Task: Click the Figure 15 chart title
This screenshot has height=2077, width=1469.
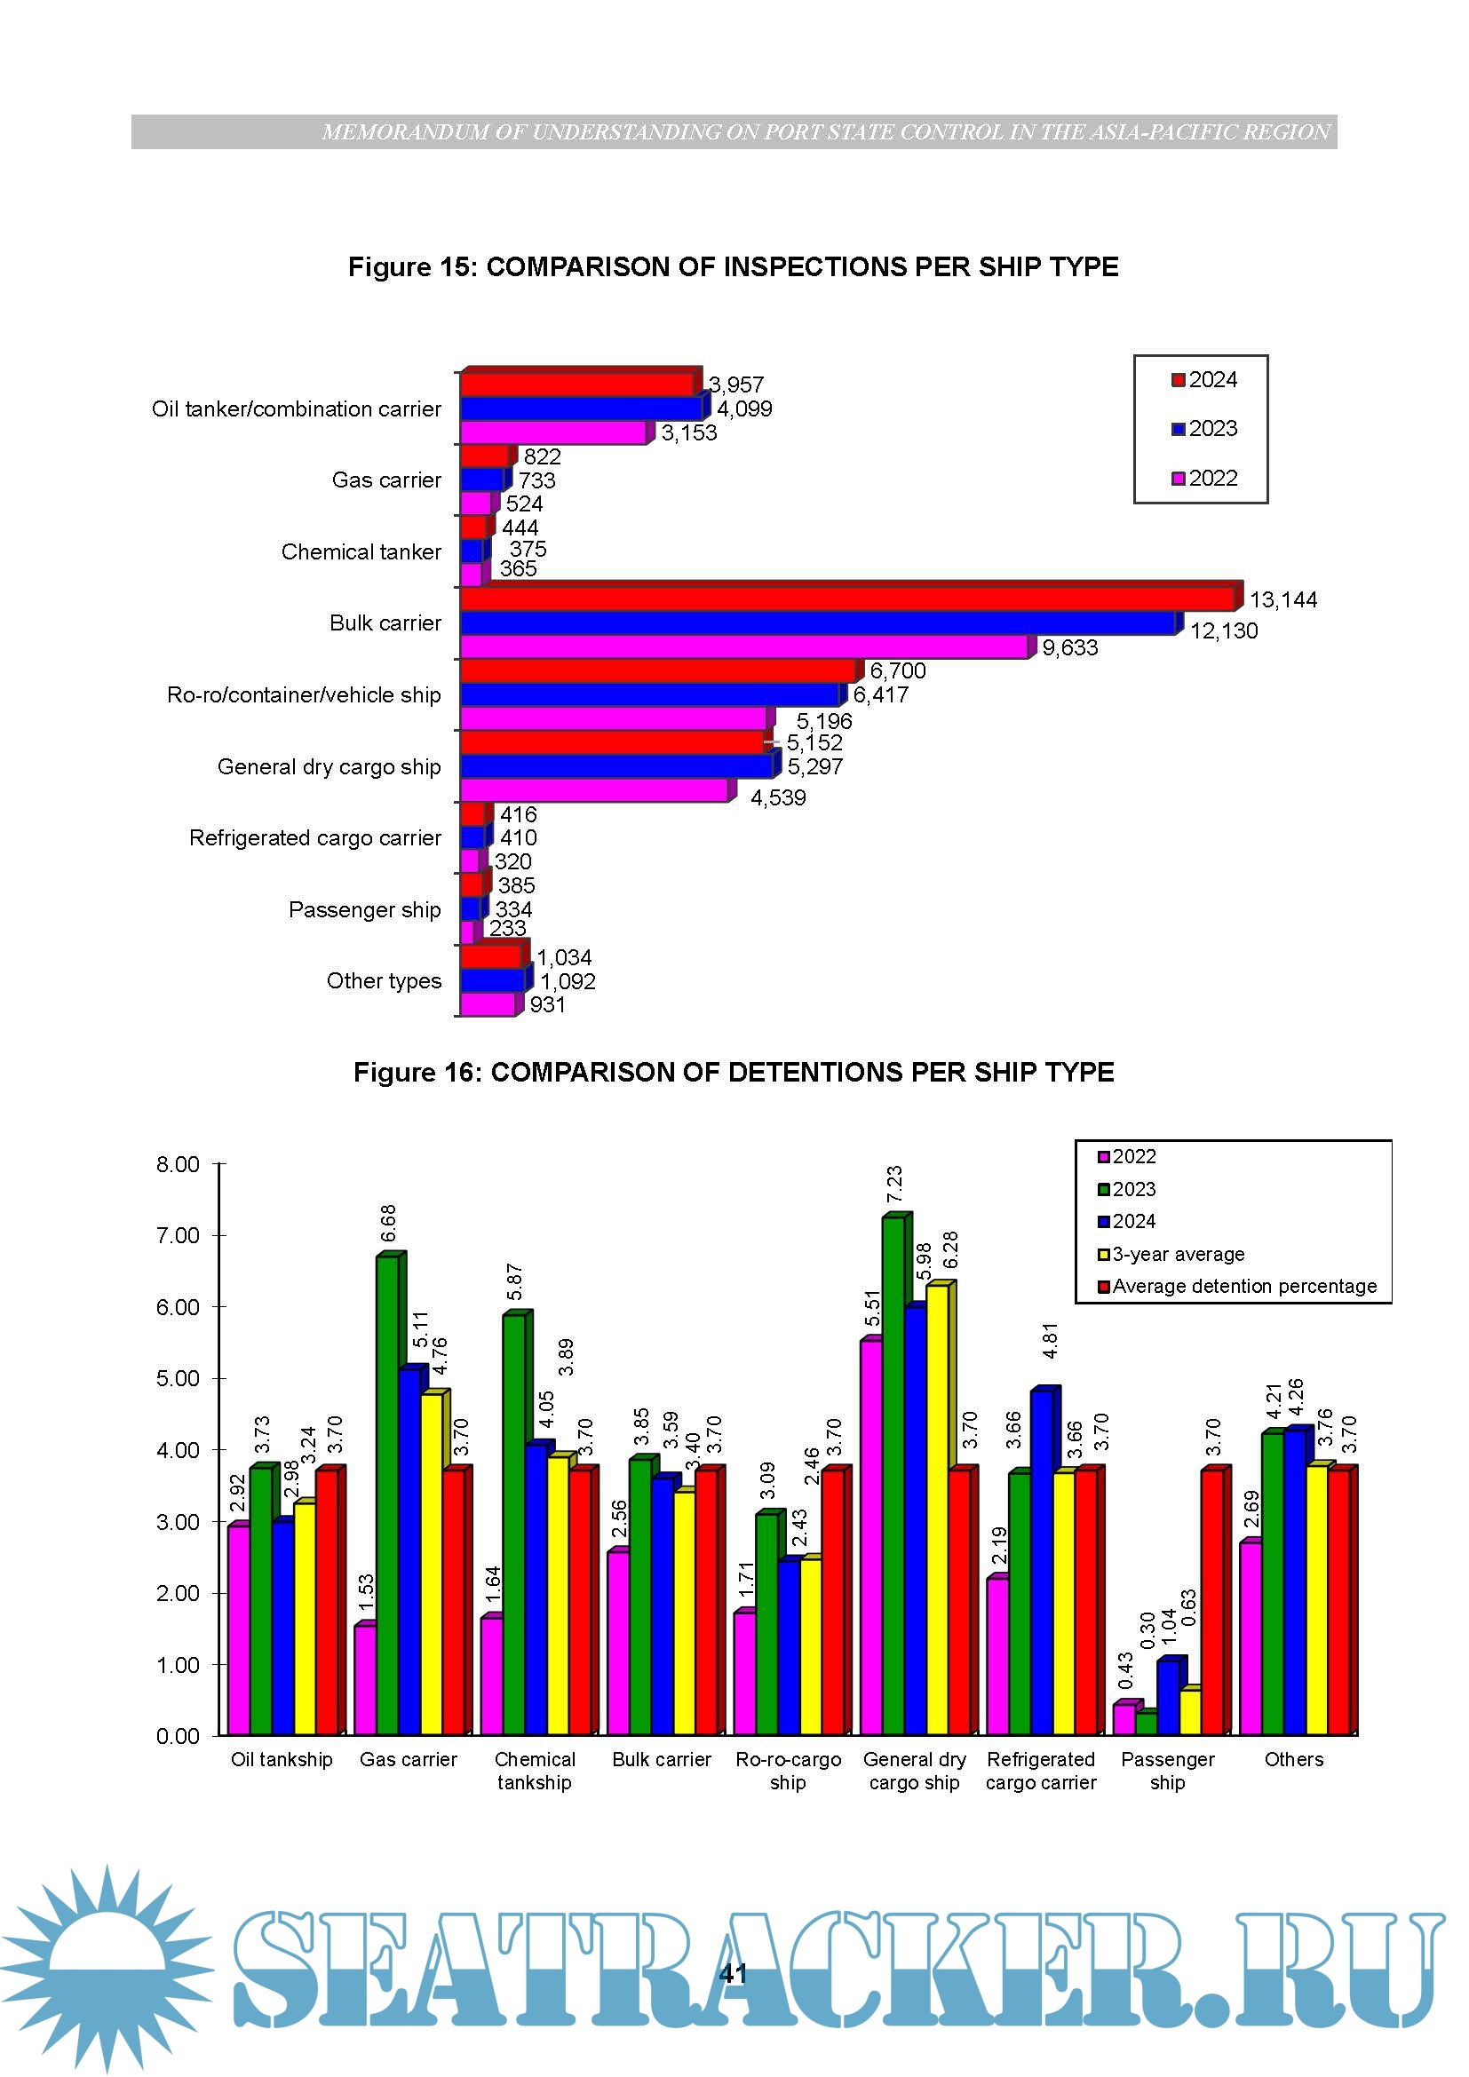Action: point(733,267)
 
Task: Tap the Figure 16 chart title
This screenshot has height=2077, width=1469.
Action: point(733,1072)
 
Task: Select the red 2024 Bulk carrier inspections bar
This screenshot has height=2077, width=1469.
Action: point(846,599)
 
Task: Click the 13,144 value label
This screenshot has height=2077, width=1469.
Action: point(1282,599)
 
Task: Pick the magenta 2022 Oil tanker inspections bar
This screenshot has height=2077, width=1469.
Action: point(552,433)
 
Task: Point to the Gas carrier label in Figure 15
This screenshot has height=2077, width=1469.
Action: point(386,480)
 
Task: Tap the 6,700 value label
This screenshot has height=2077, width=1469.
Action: point(897,670)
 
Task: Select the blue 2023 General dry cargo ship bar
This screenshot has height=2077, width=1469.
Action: point(616,766)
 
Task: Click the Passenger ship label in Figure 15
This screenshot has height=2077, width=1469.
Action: point(364,910)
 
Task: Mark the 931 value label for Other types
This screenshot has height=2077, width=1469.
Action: point(547,1005)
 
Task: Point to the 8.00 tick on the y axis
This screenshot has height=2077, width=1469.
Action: point(178,1164)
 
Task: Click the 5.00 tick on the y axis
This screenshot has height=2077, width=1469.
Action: point(178,1379)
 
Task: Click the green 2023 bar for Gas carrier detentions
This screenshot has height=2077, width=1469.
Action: point(387,1493)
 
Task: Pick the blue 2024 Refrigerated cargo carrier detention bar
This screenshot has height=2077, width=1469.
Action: point(1041,1560)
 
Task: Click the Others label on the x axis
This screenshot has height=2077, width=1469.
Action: point(1293,1759)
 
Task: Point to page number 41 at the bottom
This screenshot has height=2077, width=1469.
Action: point(733,1973)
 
